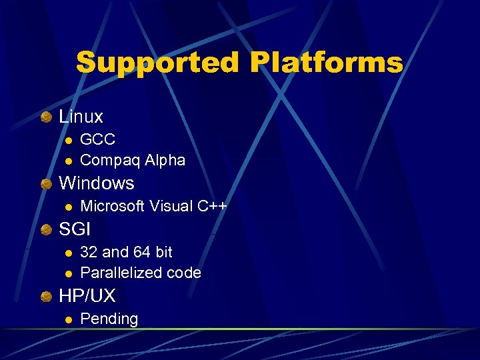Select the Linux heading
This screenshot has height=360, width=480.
click(x=81, y=117)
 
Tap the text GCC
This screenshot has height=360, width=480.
click(x=97, y=139)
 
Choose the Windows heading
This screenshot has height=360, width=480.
click(x=97, y=183)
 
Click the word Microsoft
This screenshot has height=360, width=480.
click(x=112, y=206)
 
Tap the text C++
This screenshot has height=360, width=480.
click(x=212, y=206)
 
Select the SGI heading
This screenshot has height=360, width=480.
click(x=75, y=229)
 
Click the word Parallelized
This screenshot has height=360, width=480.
click(x=121, y=273)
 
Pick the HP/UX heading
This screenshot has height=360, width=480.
click(x=87, y=295)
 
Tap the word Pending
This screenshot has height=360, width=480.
click(x=109, y=319)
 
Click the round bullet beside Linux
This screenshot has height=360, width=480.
click(x=46, y=118)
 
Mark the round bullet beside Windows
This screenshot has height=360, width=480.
click(x=46, y=184)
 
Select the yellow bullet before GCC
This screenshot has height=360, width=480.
click(x=68, y=140)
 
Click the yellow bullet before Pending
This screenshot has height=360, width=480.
click(x=68, y=320)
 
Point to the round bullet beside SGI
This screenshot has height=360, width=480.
click(x=46, y=231)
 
